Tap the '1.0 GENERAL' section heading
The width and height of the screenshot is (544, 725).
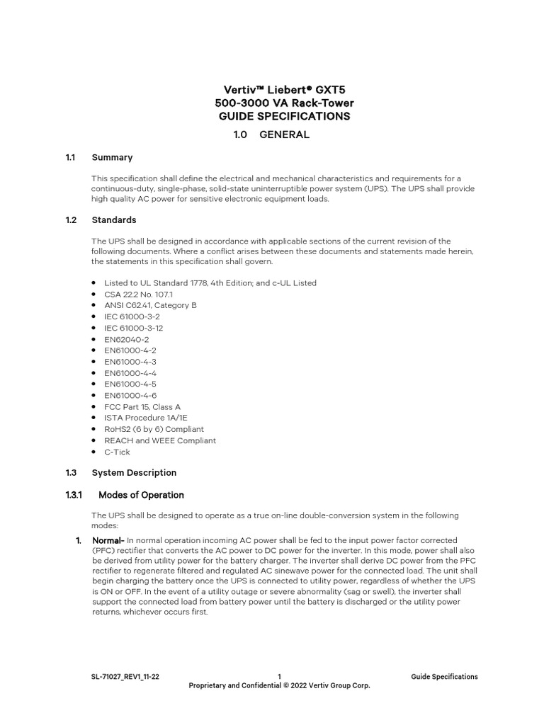pos(271,135)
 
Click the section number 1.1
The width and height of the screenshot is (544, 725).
pos(70,157)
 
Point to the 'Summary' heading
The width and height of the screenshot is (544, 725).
pos(112,157)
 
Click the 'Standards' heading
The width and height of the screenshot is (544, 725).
pos(114,220)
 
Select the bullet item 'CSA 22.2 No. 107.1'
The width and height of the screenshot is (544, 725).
pos(138,294)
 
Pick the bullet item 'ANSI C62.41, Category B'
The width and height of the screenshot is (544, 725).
pos(150,305)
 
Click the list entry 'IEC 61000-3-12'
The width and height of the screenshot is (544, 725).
pos(133,328)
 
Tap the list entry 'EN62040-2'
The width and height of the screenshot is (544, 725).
pos(126,339)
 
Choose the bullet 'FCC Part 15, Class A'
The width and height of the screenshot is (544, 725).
pos(142,407)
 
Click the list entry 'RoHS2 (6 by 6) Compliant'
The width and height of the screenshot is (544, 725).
pos(154,429)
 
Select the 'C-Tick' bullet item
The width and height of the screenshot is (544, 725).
pos(117,452)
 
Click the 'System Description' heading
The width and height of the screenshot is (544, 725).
pos(134,472)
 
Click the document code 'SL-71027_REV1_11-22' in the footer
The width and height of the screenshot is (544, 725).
pos(120,677)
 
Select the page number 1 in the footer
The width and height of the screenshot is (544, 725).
pos(280,677)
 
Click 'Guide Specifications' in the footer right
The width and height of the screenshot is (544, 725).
pos(444,677)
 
